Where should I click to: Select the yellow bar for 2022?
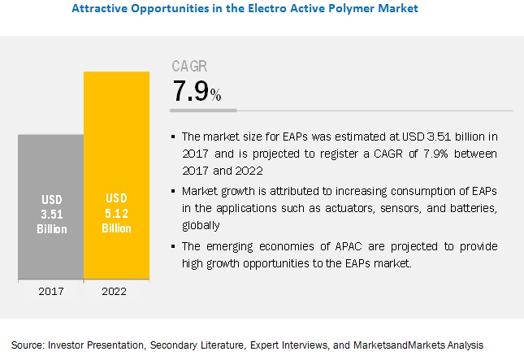117,163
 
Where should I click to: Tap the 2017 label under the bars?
50,290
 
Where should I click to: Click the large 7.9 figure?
190,91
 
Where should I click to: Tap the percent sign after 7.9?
215,95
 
